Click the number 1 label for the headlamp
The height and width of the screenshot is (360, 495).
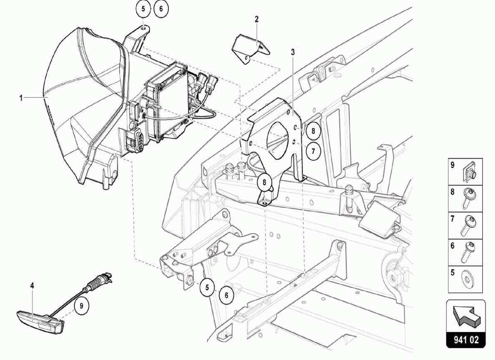point(21,97)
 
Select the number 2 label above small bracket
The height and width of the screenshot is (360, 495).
point(256,19)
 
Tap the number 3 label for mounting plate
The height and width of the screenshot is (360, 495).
point(292,52)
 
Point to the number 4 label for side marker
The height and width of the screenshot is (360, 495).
point(32,285)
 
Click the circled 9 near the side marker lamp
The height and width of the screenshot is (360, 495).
point(81,306)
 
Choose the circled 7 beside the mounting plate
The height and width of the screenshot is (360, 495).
point(313,151)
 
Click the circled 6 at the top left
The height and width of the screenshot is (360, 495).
point(161,9)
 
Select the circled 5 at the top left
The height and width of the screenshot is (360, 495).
point(142,9)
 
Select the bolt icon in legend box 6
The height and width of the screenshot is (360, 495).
point(468,253)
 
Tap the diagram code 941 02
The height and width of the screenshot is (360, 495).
point(466,340)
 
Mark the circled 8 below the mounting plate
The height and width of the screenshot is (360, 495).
point(264,183)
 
